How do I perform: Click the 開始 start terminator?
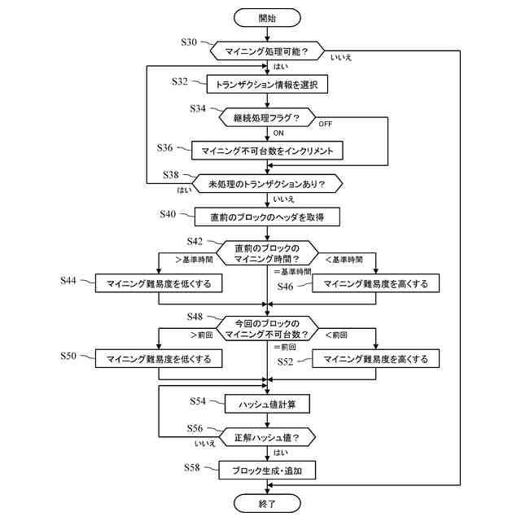[x=267, y=18]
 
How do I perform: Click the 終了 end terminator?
[x=267, y=503]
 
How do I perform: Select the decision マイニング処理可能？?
[x=267, y=50]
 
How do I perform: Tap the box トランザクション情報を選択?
[x=267, y=84]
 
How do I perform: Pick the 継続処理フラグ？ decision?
[x=267, y=117]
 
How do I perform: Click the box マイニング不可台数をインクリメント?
[x=267, y=151]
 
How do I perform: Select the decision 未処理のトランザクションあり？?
[x=267, y=184]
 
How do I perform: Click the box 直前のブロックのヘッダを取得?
[x=267, y=217]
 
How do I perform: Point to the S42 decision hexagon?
[x=267, y=253]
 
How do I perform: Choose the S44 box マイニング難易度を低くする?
[x=159, y=283]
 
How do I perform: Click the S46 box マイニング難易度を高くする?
[x=376, y=283]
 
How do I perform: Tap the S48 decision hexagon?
[x=267, y=329]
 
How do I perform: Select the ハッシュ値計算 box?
[x=267, y=404]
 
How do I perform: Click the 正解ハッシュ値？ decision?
[x=267, y=437]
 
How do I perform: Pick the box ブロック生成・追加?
[x=267, y=471]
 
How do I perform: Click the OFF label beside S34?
[x=326, y=124]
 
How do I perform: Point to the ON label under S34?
[x=278, y=134]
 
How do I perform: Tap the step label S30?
[x=189, y=42]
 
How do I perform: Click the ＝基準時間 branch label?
[x=292, y=272]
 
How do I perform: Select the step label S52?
[x=285, y=361]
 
